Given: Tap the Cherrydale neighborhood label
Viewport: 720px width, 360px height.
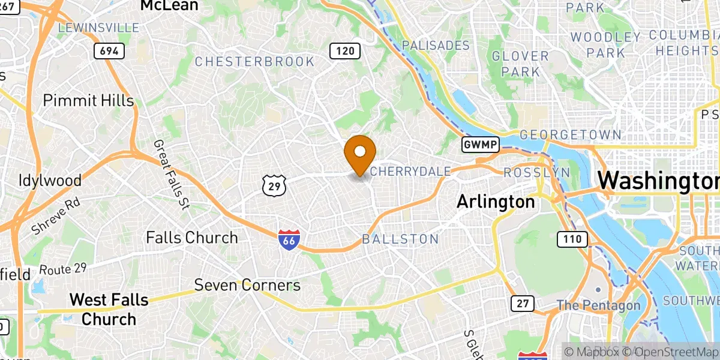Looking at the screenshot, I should point(410,172).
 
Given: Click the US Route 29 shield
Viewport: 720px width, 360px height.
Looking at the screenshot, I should point(274,187).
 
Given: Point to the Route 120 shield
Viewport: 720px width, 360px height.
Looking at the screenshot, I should point(345,51).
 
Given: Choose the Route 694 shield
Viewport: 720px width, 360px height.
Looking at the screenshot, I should point(109,51).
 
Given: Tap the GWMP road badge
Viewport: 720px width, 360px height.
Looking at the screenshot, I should point(477,145).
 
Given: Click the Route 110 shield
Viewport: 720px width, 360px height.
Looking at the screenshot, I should point(572,239).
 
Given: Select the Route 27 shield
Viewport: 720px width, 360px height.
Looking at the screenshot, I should point(523,304).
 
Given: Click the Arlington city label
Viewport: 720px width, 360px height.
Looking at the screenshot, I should point(496,202).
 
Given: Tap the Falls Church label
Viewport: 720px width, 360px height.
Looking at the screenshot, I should point(192,238).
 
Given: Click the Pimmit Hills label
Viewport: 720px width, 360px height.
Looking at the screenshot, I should point(88,100).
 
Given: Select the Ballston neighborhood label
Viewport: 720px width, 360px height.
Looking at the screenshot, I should point(400,239).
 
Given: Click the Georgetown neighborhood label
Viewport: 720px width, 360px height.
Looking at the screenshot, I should point(562,134).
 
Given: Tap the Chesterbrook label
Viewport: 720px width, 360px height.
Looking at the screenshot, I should point(254,61).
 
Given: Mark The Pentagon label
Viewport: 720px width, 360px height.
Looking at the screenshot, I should point(598,305).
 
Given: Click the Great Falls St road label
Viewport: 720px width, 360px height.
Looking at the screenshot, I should point(172,174).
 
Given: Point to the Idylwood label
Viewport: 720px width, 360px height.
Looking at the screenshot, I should point(50,180).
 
